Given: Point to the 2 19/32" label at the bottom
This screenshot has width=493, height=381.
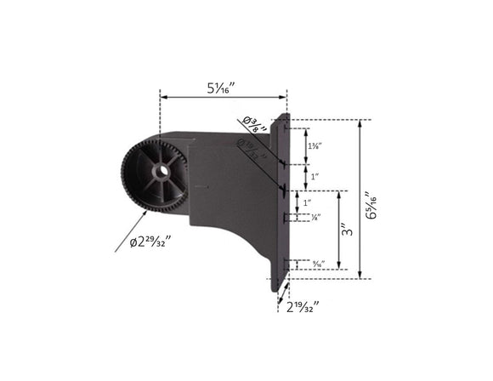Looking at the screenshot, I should click(302, 305).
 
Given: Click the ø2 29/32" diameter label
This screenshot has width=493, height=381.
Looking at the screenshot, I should click(150, 242).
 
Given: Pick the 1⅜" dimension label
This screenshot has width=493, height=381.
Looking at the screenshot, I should click(314, 146).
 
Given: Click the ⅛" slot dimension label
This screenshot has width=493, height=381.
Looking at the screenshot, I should click(315, 218).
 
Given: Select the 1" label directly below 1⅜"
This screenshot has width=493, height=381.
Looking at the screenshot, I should click(314, 177).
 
